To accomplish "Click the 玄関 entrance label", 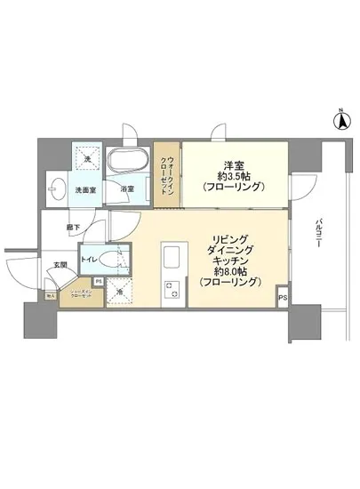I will pyautogui.click(x=60, y=264).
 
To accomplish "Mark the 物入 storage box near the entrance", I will pyautogui.click(x=51, y=296).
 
